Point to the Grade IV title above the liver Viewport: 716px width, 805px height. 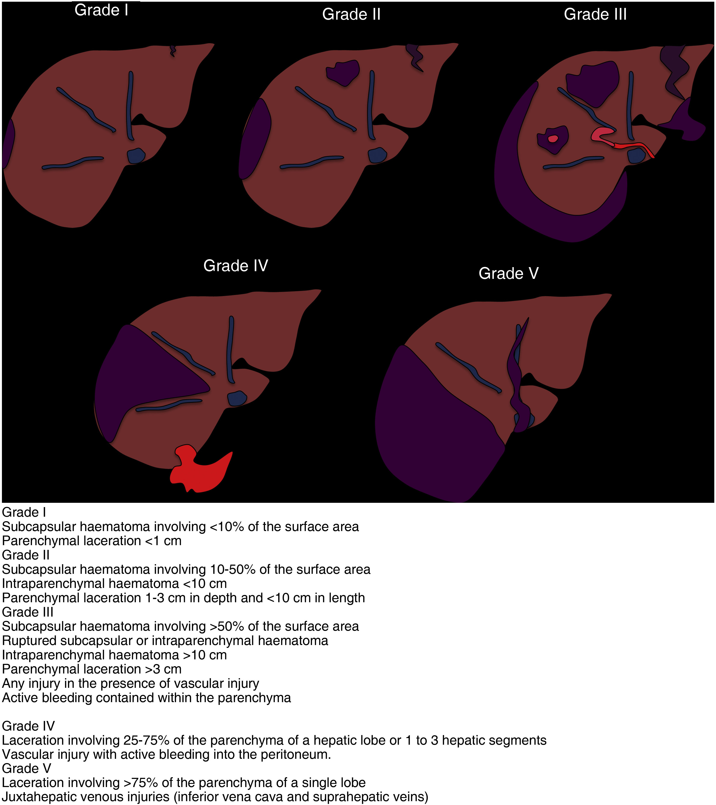[235, 266]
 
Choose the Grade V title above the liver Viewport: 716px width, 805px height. [508, 273]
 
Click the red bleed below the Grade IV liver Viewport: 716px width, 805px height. [201, 471]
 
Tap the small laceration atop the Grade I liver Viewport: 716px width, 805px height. [172, 50]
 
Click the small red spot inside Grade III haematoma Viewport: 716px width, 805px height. [553, 139]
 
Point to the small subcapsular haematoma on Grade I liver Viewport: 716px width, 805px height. [8, 143]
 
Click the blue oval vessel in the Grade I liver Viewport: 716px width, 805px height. [136, 155]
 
